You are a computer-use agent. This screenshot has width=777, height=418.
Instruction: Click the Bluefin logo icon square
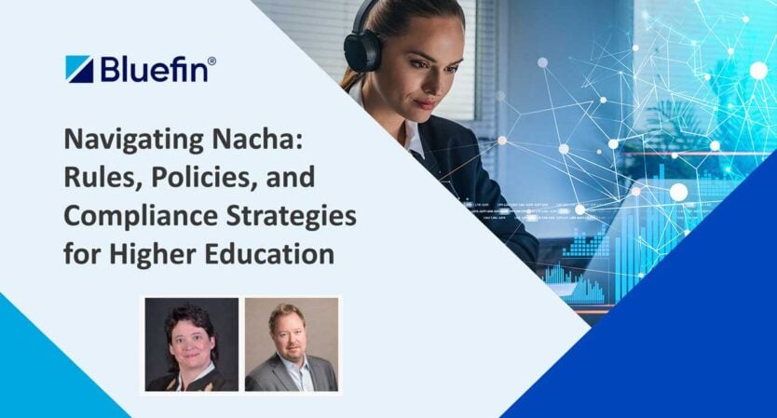coord(79,70)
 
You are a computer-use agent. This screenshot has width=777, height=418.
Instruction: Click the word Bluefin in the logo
coord(150,70)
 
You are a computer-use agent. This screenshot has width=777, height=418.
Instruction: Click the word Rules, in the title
coord(98,178)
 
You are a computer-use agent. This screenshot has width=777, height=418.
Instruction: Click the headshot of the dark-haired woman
coord(192,344)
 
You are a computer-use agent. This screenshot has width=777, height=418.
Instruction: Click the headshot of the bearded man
coord(291,344)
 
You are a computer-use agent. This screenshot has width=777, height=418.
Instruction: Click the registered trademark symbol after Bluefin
coord(213,61)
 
